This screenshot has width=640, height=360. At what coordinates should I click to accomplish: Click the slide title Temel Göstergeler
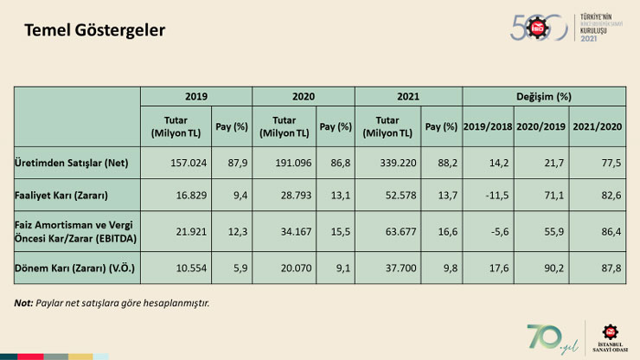94,30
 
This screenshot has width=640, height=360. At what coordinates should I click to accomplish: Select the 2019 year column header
195,97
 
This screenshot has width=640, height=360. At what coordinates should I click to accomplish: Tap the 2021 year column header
407,97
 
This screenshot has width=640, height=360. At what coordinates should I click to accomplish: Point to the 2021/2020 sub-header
598,126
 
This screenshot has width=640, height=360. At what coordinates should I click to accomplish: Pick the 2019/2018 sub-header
488,126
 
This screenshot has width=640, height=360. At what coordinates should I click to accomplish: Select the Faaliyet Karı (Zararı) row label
63,195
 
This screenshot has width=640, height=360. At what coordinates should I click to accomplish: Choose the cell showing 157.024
180,163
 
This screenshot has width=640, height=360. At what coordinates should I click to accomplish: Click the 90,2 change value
543,267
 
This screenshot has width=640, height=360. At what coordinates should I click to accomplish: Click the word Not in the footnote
23,303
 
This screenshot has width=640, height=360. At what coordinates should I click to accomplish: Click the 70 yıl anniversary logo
548,337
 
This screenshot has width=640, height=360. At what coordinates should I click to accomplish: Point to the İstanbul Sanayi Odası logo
611,337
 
